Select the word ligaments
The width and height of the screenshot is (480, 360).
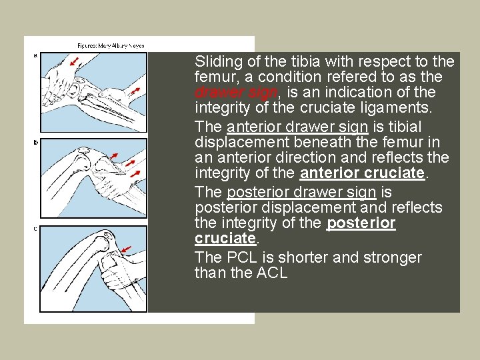click(x=399, y=108)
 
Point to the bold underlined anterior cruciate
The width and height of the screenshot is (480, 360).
click(x=363, y=173)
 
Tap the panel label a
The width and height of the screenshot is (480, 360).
click(x=35, y=55)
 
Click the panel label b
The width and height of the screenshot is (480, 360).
click(x=35, y=142)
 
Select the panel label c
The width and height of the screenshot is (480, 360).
click(x=35, y=229)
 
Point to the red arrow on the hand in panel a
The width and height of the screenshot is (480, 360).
click(x=75, y=62)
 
